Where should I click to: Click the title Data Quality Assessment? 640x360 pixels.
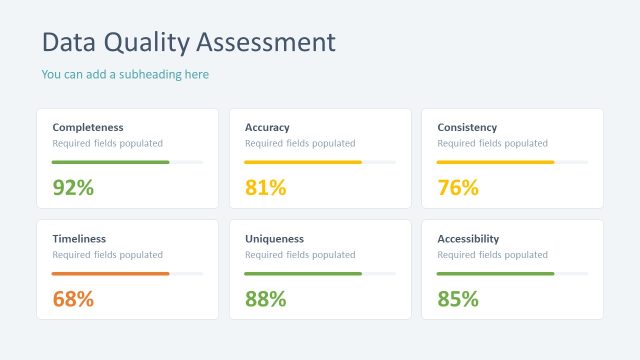point(189,42)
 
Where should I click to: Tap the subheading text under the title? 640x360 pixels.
point(125,74)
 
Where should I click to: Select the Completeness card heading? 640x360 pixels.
point(88,127)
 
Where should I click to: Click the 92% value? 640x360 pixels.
point(73,187)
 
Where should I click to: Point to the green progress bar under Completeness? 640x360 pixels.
point(110,162)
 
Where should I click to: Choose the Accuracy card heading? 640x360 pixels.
point(267,127)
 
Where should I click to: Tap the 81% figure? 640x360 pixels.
point(265,187)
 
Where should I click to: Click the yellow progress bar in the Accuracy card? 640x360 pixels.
point(303,162)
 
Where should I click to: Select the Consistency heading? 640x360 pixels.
point(467,127)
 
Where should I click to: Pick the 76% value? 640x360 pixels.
point(458,187)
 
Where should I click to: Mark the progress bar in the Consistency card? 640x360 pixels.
point(496,162)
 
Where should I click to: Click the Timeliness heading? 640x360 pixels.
point(79,239)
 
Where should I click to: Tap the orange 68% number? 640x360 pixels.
point(73,299)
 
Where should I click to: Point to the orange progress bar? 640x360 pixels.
point(110,273)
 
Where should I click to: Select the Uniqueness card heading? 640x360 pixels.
point(274,239)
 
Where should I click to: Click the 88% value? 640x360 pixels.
point(265,299)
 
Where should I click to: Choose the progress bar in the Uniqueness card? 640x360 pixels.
point(303,273)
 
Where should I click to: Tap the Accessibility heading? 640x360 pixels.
point(468,239)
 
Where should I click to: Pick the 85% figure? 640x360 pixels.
point(458,299)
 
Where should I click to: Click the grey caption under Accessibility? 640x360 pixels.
point(492,255)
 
